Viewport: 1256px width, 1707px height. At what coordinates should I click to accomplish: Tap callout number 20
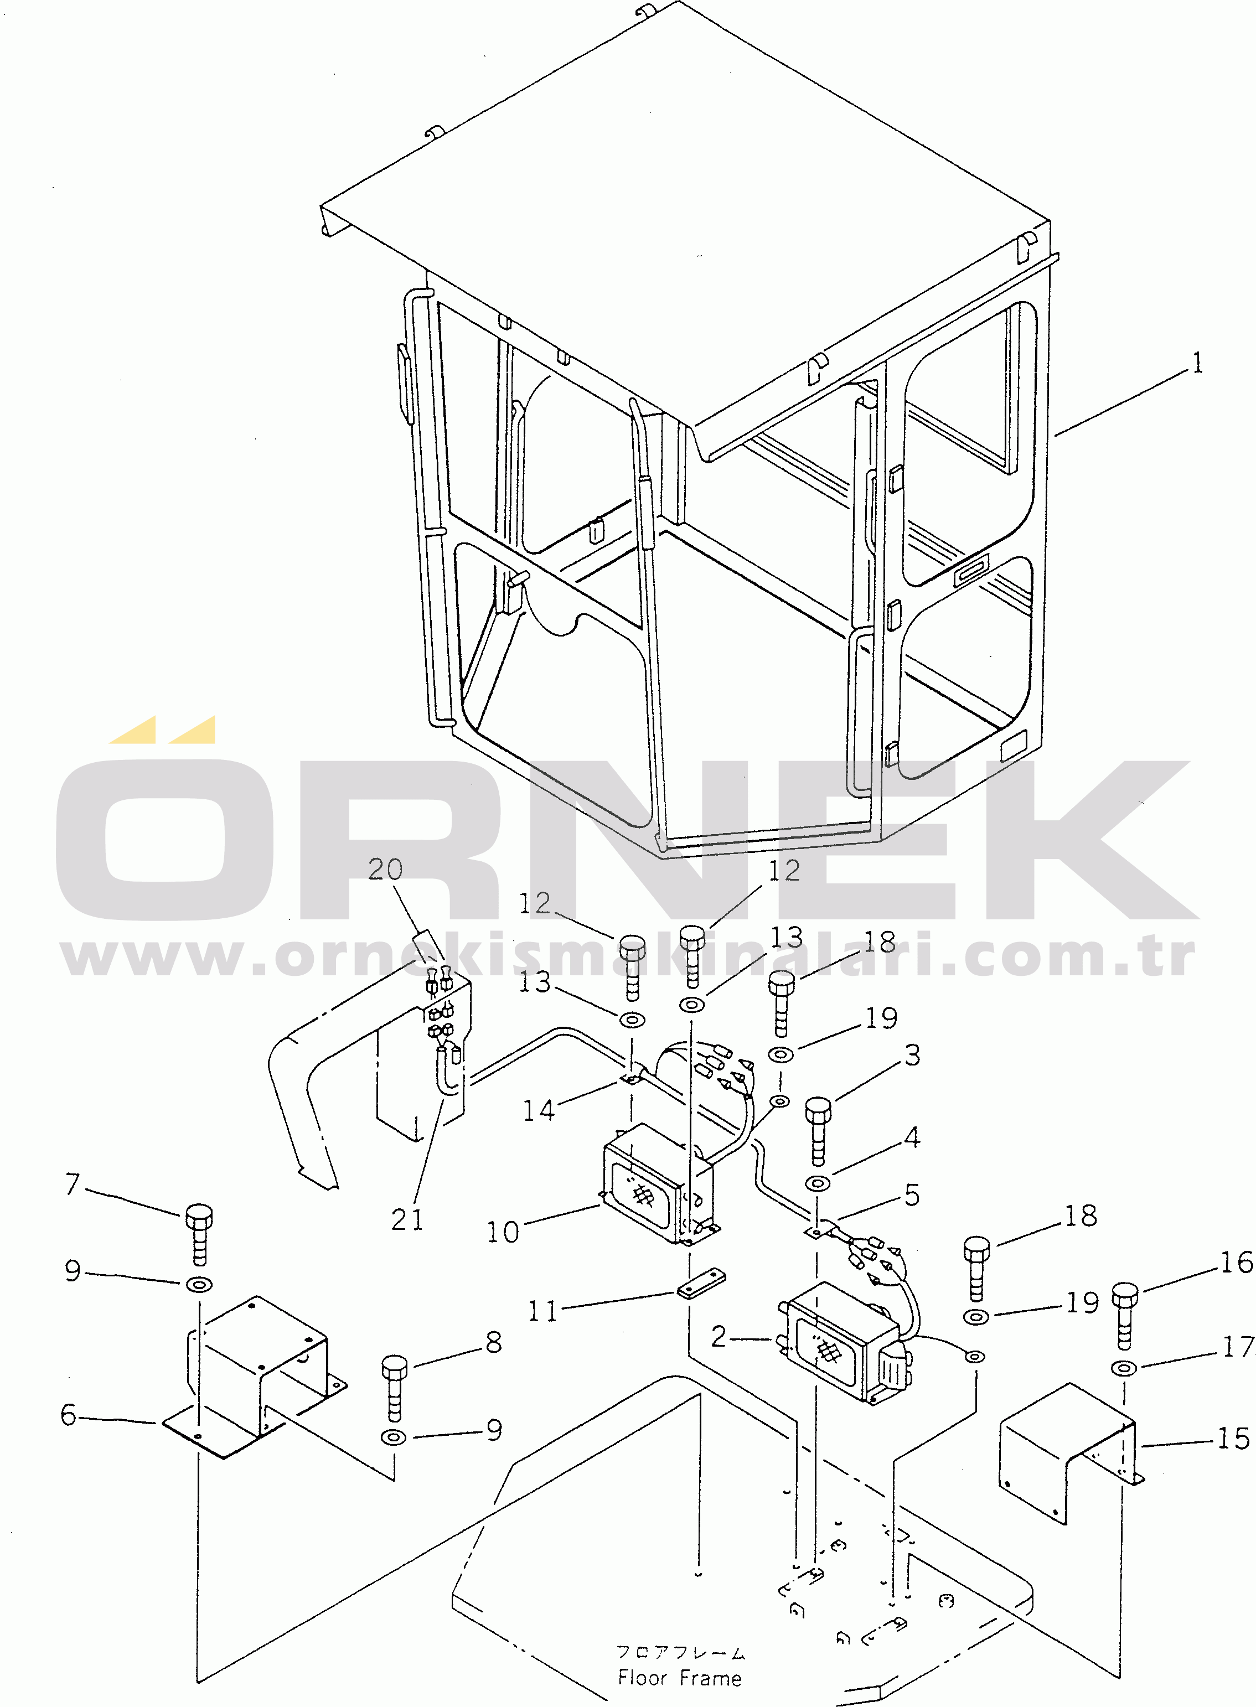[x=385, y=868]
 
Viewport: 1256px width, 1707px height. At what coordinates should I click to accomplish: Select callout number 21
[x=407, y=1220]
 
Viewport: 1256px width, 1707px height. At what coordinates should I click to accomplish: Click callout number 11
[x=543, y=1311]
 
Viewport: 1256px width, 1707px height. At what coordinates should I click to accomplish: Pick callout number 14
[x=539, y=1110]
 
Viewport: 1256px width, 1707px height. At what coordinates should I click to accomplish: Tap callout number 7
[x=72, y=1183]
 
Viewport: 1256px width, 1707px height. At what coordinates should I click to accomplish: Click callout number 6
[x=69, y=1414]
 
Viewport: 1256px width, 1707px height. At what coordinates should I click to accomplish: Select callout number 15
[x=1233, y=1438]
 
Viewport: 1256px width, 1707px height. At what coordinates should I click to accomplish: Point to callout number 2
[x=719, y=1336]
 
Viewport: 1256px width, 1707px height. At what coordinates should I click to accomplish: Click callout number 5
[x=912, y=1195]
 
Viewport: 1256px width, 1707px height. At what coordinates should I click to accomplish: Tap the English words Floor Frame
[x=680, y=1677]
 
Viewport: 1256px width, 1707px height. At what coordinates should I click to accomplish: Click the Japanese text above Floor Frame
[x=680, y=1652]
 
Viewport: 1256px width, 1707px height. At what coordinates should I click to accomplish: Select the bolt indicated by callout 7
[x=198, y=1234]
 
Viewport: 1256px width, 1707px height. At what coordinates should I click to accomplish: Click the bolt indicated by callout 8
[x=394, y=1389]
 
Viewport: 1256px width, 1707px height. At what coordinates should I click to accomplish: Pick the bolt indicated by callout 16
[x=1125, y=1315]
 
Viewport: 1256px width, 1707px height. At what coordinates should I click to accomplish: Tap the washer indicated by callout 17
[x=1124, y=1368]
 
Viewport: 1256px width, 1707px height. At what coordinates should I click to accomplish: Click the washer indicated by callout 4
[x=817, y=1183]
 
